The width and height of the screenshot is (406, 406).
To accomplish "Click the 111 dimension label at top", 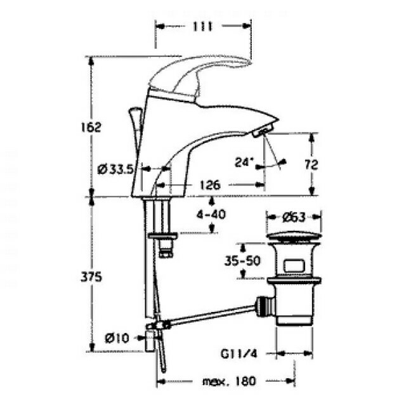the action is coord(203,27).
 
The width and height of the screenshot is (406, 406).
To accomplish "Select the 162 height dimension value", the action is coord(91,127).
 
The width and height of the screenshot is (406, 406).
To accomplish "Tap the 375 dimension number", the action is coord(91,277).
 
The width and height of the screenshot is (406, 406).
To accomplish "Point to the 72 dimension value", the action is coord(311,164).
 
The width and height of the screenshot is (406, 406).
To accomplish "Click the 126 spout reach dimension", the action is coord(210,185).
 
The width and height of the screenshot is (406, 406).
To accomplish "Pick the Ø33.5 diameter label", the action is coord(115,170).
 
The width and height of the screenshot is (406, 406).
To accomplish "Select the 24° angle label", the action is coord(244,162).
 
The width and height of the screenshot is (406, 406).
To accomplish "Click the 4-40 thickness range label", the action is coord(211,214).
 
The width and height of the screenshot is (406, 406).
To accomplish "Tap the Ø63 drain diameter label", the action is coord(294,217).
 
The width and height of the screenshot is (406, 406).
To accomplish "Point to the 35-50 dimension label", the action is coord(242,261).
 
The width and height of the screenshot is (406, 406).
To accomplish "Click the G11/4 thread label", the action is coord(239,354).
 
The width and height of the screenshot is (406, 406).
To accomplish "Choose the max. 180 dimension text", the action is coord(229,381).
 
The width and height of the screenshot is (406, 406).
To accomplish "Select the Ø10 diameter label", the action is coord(117,338).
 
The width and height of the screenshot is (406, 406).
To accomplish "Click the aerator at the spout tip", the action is coord(262,130).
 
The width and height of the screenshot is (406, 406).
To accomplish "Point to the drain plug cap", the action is coord(294,237).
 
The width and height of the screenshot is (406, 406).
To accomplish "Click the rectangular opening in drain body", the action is coord(294,266).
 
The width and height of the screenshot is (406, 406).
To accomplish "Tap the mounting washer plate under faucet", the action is coord(163,236).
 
